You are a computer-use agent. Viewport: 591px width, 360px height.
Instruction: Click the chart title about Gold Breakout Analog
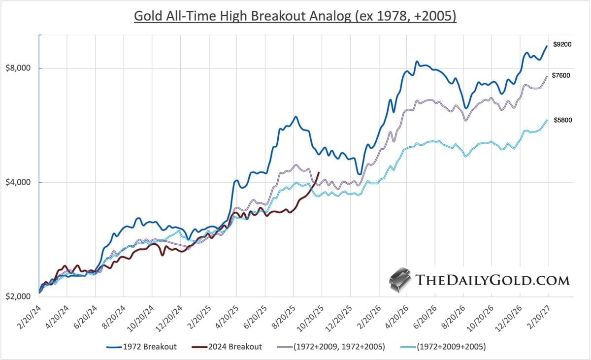[295, 16]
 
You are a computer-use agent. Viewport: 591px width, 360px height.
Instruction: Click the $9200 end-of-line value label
[562, 44]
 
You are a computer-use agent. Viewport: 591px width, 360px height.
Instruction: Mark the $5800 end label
[562, 120]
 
